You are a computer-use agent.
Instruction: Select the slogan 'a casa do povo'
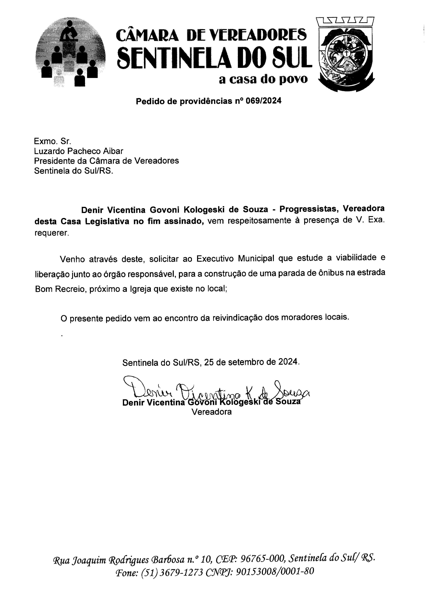pos(263,79)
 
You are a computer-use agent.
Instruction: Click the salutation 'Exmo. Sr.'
pos(52,141)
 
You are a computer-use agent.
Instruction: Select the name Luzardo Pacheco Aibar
pos(78,151)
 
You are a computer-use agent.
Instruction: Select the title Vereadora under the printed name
pos(212,412)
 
